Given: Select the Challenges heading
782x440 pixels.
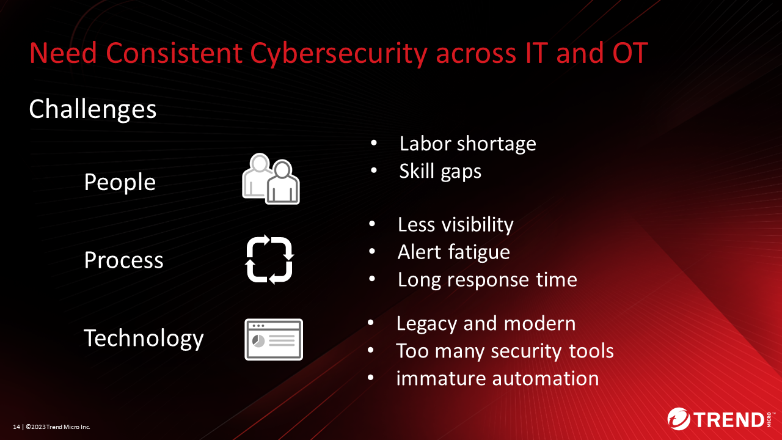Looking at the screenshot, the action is pyautogui.click(x=92, y=110).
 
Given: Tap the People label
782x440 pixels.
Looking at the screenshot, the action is pyautogui.click(x=120, y=183).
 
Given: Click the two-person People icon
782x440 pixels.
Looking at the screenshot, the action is pyautogui.click(x=271, y=178).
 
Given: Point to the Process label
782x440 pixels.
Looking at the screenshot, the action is pyautogui.click(x=123, y=260).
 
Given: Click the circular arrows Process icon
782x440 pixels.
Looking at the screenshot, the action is pyautogui.click(x=269, y=260).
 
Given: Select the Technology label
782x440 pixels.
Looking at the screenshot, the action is pyautogui.click(x=144, y=339).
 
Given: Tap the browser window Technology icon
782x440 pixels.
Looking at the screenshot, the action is pyautogui.click(x=274, y=339).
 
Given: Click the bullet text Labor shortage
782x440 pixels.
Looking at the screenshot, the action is pyautogui.click(x=468, y=144).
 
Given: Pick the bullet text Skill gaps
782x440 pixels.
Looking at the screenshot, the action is pyautogui.click(x=440, y=172).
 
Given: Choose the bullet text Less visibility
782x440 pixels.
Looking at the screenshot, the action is pyautogui.click(x=456, y=224).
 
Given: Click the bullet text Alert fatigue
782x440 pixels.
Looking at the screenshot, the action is pyautogui.click(x=454, y=252).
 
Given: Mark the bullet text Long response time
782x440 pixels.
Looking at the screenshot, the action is pyautogui.click(x=488, y=280).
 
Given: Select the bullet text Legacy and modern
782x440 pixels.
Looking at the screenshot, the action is pyautogui.click(x=486, y=324).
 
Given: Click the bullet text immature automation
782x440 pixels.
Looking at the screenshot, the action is pyautogui.click(x=497, y=378).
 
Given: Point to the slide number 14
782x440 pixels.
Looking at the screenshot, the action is pyautogui.click(x=16, y=427).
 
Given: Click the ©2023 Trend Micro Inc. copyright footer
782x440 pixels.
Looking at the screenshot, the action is pyautogui.click(x=58, y=427).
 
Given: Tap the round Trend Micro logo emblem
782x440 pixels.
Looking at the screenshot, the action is pyautogui.click(x=679, y=419).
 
